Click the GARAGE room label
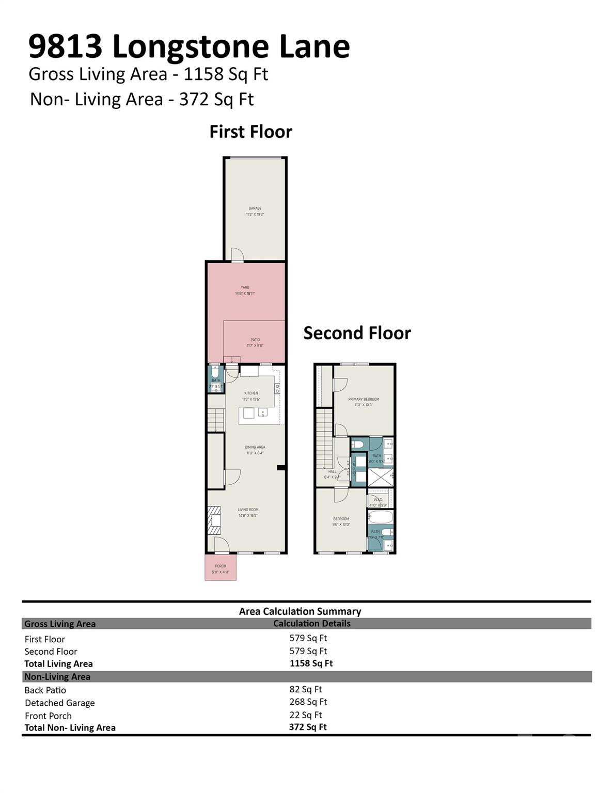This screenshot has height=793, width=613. [x=255, y=209]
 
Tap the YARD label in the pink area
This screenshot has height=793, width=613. [x=245, y=288]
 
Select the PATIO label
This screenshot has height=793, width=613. [x=255, y=340]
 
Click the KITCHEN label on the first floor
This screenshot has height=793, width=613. [x=251, y=393]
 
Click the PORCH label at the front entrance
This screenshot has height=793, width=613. [x=221, y=566]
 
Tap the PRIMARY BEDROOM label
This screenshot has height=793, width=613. [x=364, y=400]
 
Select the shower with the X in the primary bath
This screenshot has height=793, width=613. [x=381, y=477]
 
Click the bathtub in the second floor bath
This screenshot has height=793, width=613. [x=381, y=517]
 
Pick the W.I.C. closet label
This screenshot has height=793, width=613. [x=378, y=499]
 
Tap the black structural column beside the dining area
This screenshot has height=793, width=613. [x=281, y=468]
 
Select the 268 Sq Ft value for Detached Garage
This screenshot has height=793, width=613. [x=308, y=702]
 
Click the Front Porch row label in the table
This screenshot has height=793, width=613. [x=48, y=716]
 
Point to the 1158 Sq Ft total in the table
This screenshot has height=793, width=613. [x=311, y=664]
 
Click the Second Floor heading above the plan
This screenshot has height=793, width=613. [x=357, y=334]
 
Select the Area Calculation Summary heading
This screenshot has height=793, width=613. [x=300, y=612]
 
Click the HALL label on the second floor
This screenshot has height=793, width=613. [x=332, y=471]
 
